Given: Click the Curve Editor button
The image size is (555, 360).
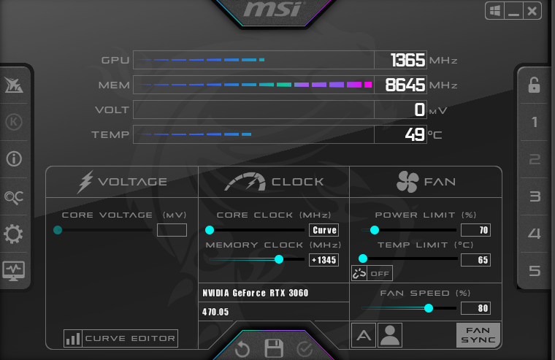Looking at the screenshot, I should click(x=121, y=338).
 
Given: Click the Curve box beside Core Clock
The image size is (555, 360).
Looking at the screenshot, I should click(x=324, y=230).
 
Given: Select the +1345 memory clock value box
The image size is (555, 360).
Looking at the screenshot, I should click(x=324, y=260).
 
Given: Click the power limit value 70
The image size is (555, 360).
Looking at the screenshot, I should click(x=475, y=230).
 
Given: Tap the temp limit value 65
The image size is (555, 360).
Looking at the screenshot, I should click(x=475, y=260).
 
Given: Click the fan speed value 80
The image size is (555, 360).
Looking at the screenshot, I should click(x=475, y=308).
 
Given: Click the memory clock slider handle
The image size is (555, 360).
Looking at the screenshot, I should click(x=279, y=259).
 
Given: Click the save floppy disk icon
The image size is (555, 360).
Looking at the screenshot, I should click(x=274, y=348).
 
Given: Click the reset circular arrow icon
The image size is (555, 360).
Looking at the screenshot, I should click(x=242, y=349).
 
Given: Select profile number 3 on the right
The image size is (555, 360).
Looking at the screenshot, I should click(x=535, y=196).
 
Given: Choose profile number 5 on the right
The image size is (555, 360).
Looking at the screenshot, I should click(x=535, y=271).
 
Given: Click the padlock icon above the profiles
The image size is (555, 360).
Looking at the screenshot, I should click(x=535, y=85).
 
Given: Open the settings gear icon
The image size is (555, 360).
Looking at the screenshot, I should click(x=14, y=234).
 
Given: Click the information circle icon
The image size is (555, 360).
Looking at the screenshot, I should click(x=14, y=158).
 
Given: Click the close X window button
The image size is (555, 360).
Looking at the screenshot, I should click(x=532, y=11).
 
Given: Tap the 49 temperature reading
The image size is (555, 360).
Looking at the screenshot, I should click(x=416, y=134).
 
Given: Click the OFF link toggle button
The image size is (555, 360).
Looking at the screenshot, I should click(x=372, y=273).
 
